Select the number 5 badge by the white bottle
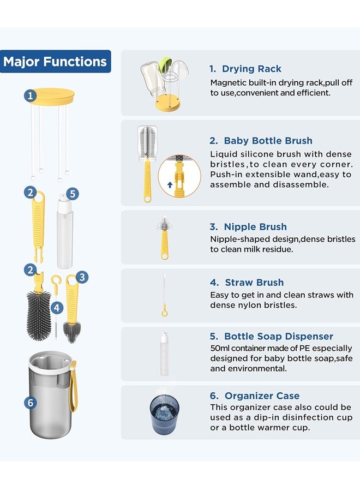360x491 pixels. (74, 194)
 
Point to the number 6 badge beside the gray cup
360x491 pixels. (30, 403)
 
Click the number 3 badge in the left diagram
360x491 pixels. (81, 277)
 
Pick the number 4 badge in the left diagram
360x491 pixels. (57, 307)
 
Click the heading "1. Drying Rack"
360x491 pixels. (245, 69)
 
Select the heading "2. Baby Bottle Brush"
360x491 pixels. (261, 141)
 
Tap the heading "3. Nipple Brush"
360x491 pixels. (248, 227)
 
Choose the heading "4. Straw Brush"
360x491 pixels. (247, 283)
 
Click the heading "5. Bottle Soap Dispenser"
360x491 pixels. (271, 337)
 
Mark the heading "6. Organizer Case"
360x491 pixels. (255, 396)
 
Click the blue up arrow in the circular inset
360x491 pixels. (170, 185)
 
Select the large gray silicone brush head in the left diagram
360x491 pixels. (38, 315)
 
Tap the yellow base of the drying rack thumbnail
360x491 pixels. (167, 105)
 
